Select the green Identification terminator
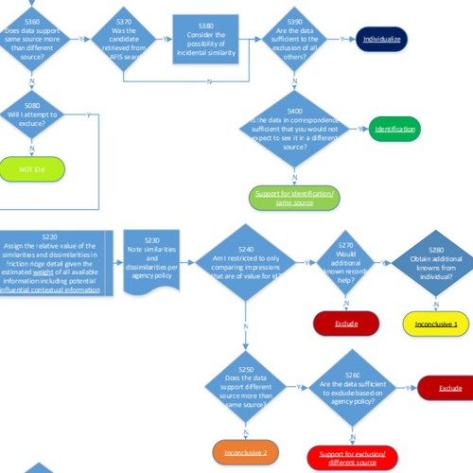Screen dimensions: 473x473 pyautogui.click(x=394, y=129)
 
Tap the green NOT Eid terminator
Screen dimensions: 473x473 pyautogui.click(x=32, y=170)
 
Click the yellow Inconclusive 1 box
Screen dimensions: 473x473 pyautogui.click(x=436, y=324)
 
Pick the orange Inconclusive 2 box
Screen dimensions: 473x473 pyautogui.click(x=245, y=450)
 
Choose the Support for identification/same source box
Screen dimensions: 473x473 pyautogui.click(x=294, y=198)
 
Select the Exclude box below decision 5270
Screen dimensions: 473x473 pyautogui.click(x=346, y=324)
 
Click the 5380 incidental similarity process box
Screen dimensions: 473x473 pyautogui.click(x=206, y=40)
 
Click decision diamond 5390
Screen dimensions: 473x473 pyautogui.click(x=294, y=39)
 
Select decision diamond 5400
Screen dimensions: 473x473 pyautogui.click(x=294, y=131)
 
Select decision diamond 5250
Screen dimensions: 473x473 pyautogui.click(x=245, y=386)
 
